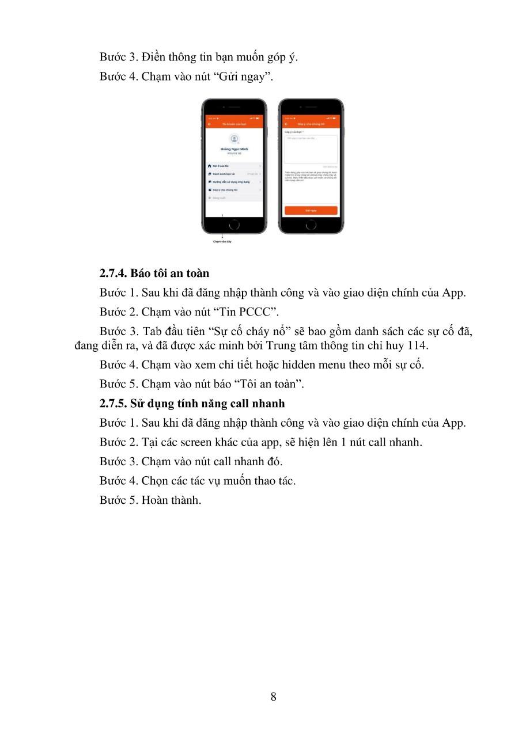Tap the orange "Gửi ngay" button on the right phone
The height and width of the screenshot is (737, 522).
[x=311, y=211]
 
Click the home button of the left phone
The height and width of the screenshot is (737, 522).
[x=234, y=225]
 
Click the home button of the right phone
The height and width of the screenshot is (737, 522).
[x=311, y=225]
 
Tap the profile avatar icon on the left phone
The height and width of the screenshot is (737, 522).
[x=234, y=139]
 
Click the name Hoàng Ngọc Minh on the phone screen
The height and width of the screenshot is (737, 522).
[x=234, y=149]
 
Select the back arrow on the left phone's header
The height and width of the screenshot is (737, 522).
[x=210, y=124]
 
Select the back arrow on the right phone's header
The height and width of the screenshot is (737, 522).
[x=286, y=124]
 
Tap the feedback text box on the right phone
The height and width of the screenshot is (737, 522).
[x=311, y=150]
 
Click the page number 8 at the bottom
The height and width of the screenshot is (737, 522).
[x=273, y=697]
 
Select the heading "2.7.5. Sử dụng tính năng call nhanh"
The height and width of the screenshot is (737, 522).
[x=192, y=403]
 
